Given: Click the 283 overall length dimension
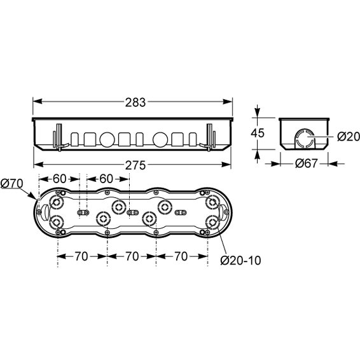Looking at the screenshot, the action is point(135,102).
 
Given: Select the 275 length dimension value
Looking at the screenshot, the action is point(135,165).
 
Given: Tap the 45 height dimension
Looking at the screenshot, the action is point(258,133).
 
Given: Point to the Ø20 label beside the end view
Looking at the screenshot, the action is point(349,137).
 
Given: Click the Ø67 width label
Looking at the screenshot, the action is point(307,163).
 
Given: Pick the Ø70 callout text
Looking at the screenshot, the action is point(12,183).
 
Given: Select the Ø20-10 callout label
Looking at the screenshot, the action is point(240,260).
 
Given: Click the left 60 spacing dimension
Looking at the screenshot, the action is point(59,179).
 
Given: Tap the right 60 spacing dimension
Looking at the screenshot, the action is point(106,179).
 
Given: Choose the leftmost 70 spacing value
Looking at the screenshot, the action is point(81,256).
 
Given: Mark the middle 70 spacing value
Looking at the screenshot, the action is point(132,256).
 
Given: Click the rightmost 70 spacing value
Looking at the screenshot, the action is point(181,256).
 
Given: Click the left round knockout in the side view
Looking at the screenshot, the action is point(107,139).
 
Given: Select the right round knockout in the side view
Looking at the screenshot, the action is point(160,139).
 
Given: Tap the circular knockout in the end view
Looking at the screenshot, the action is point(305,138).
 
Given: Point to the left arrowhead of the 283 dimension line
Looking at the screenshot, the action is point(38,101).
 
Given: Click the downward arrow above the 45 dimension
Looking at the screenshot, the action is point(258,112).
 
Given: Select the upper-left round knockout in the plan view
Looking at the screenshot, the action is point(57,202).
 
